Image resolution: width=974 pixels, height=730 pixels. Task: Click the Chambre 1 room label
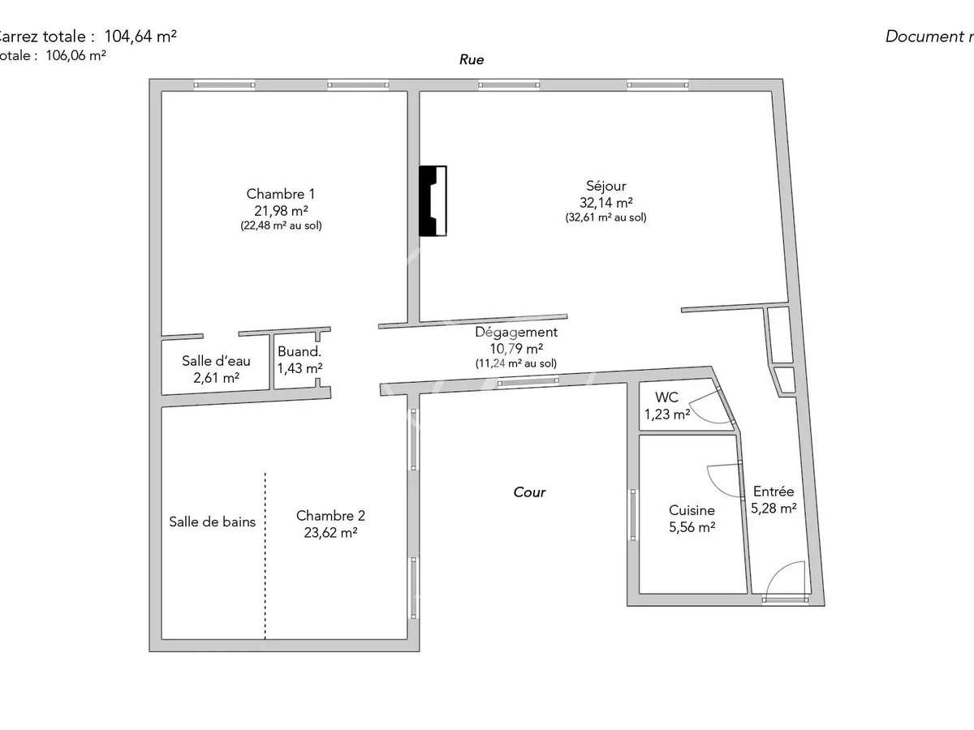[280, 194]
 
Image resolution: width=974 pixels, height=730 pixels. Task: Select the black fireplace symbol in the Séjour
[433, 200]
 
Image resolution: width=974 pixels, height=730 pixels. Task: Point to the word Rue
[472, 59]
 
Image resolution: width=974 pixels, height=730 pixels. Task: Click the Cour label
[529, 492]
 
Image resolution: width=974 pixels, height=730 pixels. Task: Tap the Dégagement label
[516, 332]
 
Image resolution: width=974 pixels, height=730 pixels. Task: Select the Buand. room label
[300, 352]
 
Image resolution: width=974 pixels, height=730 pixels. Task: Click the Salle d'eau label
[216, 361]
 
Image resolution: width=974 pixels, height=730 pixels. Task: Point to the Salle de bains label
[212, 522]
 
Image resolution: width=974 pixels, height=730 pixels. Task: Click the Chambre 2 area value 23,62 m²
[330, 533]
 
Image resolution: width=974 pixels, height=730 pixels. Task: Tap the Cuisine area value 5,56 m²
[692, 527]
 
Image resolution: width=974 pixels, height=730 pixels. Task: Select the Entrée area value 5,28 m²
[773, 509]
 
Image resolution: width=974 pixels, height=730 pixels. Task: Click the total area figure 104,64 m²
[140, 36]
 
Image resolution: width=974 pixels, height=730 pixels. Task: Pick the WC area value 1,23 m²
[667, 414]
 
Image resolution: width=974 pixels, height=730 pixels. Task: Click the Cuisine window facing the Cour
[633, 514]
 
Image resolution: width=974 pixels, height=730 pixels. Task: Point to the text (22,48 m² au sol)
[281, 226]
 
